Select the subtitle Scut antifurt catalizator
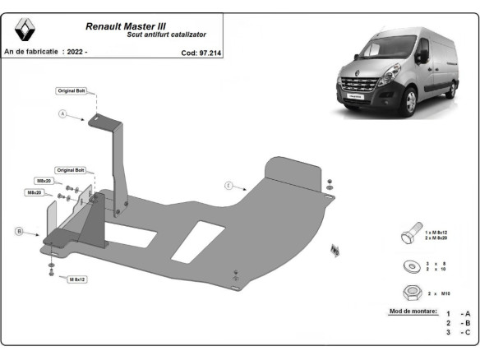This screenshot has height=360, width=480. [167, 35]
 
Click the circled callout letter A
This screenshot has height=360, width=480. [62, 114]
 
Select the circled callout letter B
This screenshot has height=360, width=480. [19, 231]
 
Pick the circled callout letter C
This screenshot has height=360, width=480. [229, 186]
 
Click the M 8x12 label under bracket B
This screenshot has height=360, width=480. [76, 279]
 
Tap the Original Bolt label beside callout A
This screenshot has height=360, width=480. [71, 90]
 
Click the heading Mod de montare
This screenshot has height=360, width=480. [412, 312]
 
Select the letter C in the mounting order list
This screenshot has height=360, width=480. [467, 332]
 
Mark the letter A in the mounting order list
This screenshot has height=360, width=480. [467, 313]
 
